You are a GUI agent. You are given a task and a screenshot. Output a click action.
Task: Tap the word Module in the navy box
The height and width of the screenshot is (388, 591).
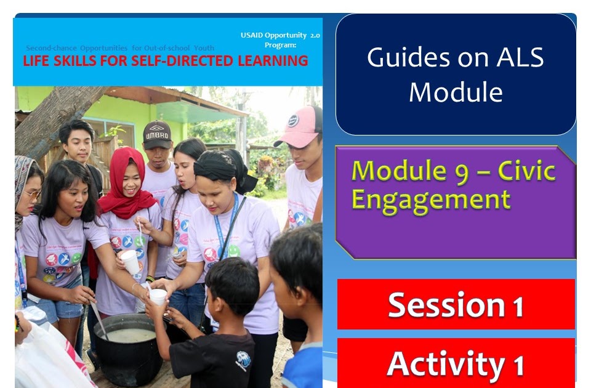(456, 92)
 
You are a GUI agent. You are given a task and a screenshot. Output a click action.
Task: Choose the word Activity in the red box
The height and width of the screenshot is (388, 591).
(444, 363)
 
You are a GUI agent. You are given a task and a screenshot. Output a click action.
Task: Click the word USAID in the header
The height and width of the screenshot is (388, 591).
(254, 35)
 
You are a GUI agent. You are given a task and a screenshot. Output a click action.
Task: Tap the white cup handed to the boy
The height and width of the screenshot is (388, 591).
(158, 297)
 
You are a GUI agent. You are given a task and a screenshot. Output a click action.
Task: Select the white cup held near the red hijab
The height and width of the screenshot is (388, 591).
(131, 261)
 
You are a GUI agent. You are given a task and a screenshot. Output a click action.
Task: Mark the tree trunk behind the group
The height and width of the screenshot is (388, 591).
(55, 117)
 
